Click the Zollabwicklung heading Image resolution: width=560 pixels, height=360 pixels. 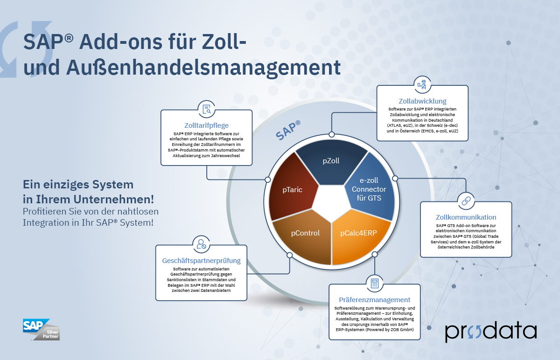[x=422, y=101]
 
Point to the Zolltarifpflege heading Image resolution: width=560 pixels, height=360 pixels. [x=206, y=125]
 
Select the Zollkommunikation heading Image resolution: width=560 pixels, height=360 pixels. [x=466, y=217]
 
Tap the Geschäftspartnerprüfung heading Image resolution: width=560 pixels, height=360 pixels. [x=201, y=261]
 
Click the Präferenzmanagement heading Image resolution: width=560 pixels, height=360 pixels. [x=374, y=300]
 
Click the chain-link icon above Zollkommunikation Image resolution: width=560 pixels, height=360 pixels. [x=466, y=201]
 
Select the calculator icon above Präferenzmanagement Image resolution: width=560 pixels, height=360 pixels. [x=374, y=284]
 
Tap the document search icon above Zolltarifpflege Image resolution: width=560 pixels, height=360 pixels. [x=206, y=109]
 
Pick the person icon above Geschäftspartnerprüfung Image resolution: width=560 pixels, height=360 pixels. [x=201, y=244]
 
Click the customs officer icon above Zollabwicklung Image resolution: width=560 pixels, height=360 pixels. [x=422, y=84]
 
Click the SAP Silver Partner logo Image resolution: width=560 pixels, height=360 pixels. [x=41, y=329]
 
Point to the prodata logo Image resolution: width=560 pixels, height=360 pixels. [x=491, y=332]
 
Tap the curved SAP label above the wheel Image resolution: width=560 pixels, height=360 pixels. [x=288, y=130]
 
